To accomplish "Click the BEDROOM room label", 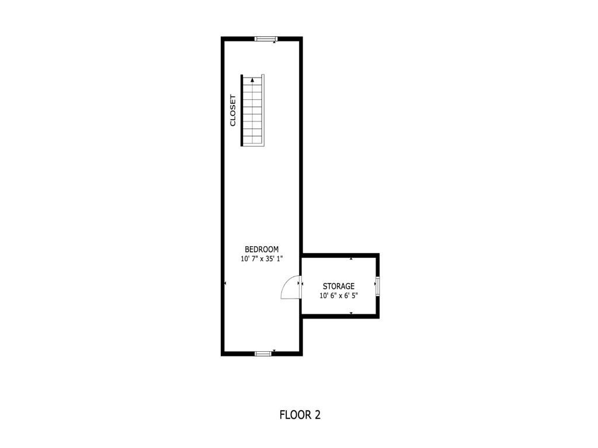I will (x=262, y=249).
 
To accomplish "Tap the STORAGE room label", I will (x=339, y=286).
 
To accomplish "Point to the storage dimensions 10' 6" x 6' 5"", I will (x=339, y=296).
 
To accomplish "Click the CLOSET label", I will (x=232, y=110).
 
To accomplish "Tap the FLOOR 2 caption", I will (x=300, y=415).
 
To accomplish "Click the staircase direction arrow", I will (x=252, y=82).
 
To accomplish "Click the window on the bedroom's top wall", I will (x=265, y=39).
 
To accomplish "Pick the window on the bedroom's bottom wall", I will (x=263, y=353).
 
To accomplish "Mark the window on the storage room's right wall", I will (x=377, y=286).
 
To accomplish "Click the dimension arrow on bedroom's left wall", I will (x=225, y=283).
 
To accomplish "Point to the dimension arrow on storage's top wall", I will (x=351, y=258).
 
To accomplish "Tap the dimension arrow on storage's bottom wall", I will (x=351, y=313).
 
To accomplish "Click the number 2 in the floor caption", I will (x=318, y=415).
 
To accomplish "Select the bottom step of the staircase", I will (x=253, y=141).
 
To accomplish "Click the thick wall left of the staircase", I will (x=242, y=110).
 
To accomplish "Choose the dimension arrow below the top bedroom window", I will (x=274, y=43).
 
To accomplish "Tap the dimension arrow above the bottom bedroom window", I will (x=274, y=350).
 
